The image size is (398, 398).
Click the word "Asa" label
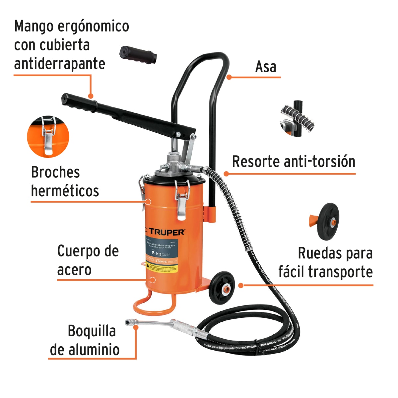click(x=266, y=67)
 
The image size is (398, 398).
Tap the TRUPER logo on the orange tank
click(x=166, y=232)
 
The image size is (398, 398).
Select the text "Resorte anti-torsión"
click(x=294, y=162)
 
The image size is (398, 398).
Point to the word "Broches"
click(x=55, y=172)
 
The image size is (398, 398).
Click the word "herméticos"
click(x=65, y=191)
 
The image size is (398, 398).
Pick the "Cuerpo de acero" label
click(x=88, y=260)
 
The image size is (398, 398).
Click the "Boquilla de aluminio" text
click(x=85, y=340)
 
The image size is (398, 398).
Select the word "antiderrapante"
click(x=60, y=64)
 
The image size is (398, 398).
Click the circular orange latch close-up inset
click(x=48, y=136)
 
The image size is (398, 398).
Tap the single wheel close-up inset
click(x=327, y=221)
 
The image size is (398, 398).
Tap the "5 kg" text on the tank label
click(x=156, y=253)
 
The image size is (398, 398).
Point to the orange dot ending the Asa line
click(x=229, y=77)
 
